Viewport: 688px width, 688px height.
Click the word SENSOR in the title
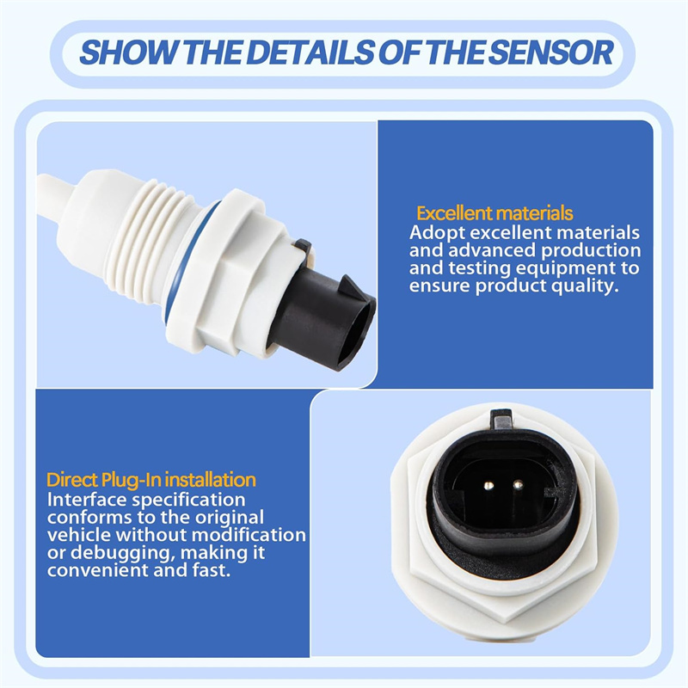[550, 52]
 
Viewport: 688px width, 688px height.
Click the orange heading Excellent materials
[494, 213]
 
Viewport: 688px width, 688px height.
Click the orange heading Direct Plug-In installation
[151, 480]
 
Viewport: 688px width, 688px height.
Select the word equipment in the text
[563, 268]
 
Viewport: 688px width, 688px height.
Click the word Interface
[87, 500]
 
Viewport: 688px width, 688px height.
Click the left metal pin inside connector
[488, 485]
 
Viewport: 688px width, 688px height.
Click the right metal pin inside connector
[519, 485]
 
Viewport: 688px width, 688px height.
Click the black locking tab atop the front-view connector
[501, 418]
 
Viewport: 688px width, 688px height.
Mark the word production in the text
[591, 251]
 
